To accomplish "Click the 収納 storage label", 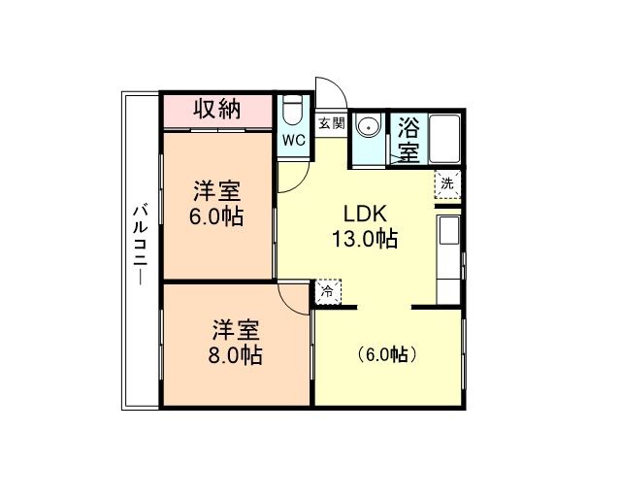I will (216, 109).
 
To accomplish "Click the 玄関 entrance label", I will (332, 124).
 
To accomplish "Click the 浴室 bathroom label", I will (409, 140).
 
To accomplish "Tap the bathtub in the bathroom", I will (446, 140).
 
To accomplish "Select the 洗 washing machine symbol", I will (446, 183).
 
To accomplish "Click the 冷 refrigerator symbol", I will (327, 290).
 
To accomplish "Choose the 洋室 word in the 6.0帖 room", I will (215, 189).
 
